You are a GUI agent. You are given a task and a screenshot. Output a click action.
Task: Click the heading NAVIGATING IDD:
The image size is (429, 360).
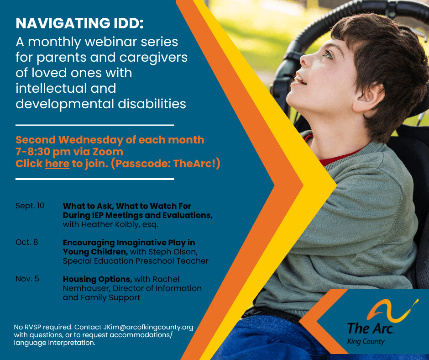(79, 23)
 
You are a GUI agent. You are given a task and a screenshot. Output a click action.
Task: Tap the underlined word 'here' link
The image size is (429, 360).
(57, 164)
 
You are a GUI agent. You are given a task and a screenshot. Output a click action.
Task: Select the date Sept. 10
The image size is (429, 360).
(30, 206)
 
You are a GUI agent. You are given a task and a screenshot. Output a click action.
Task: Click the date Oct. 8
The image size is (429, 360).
(27, 242)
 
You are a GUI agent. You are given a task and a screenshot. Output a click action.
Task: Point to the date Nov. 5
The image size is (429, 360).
(27, 279)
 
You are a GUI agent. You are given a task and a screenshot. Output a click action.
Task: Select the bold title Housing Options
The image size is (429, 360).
(97, 279)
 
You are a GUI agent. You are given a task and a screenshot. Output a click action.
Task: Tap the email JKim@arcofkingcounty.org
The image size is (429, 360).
(148, 327)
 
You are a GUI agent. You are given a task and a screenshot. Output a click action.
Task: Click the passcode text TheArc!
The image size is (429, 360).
(195, 164)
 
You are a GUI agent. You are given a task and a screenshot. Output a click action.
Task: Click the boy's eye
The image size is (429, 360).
(329, 54)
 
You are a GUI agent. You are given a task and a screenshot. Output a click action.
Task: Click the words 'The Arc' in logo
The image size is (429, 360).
(371, 328)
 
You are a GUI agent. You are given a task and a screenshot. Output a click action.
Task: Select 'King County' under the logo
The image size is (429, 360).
(366, 342)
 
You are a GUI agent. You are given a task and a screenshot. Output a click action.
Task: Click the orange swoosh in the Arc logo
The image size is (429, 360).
(392, 311)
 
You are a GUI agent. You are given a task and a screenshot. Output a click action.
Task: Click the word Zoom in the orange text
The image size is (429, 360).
(108, 152)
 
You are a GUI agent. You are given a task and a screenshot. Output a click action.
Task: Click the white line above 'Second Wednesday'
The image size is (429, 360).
(94, 125)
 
